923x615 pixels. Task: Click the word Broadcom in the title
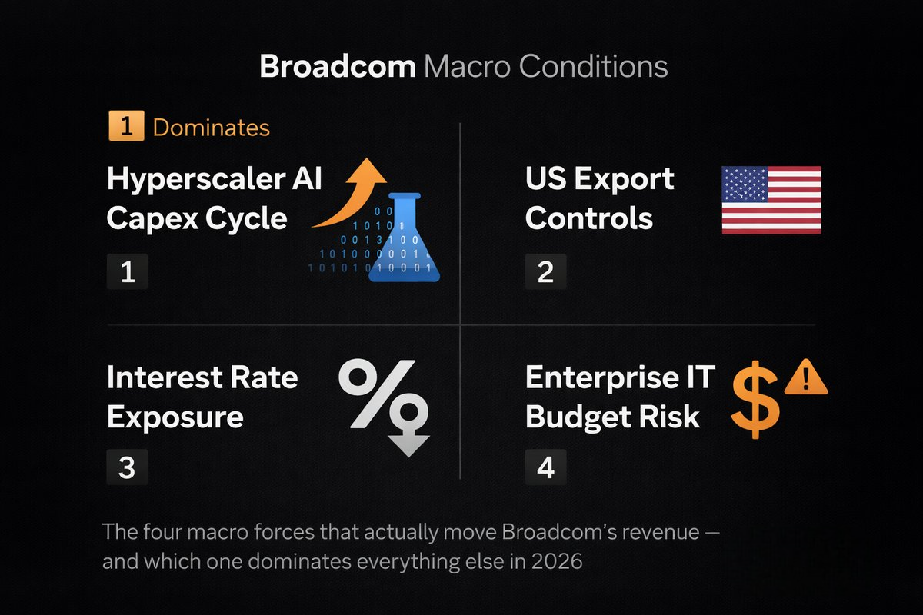[338, 66]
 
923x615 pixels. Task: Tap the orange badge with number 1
[126, 125]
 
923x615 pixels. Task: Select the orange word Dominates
[212, 128]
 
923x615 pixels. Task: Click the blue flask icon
[405, 238]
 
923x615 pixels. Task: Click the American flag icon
[771, 200]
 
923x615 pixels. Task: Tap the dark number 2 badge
[545, 271]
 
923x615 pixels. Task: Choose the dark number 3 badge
[127, 467]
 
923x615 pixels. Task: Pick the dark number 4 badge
[545, 467]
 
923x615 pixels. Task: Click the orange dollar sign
[755, 400]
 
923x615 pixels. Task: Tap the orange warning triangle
[805, 377]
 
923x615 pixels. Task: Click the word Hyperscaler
[196, 180]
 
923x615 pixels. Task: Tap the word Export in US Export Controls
[624, 180]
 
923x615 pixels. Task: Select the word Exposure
[175, 417]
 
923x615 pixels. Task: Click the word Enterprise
[602, 377]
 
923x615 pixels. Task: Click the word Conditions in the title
[593, 66]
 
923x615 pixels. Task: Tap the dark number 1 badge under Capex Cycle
[127, 271]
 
